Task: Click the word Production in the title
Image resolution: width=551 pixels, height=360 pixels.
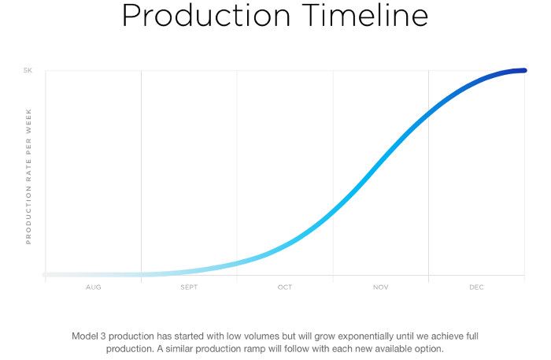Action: [x=206, y=15]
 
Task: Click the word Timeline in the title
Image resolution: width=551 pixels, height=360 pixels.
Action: [x=364, y=15]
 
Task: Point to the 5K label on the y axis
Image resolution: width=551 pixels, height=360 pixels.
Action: [x=28, y=70]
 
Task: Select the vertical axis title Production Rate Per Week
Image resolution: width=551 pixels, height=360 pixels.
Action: [x=28, y=176]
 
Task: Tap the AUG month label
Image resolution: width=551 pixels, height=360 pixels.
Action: [x=94, y=288]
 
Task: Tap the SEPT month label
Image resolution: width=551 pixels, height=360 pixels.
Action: [x=189, y=288]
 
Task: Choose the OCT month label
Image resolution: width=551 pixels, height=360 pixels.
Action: [x=285, y=288]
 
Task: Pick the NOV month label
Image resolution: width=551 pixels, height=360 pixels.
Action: [x=380, y=288]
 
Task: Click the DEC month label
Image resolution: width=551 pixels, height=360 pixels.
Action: [x=476, y=288]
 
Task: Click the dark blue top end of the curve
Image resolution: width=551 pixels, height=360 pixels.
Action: [x=524, y=70]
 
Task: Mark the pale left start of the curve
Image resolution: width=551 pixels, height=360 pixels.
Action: [x=46, y=275]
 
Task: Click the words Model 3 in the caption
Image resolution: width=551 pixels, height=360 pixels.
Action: [x=88, y=336]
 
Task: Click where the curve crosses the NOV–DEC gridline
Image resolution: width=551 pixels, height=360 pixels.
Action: [x=428, y=114]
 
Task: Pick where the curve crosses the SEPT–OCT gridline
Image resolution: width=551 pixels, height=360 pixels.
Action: [x=237, y=263]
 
